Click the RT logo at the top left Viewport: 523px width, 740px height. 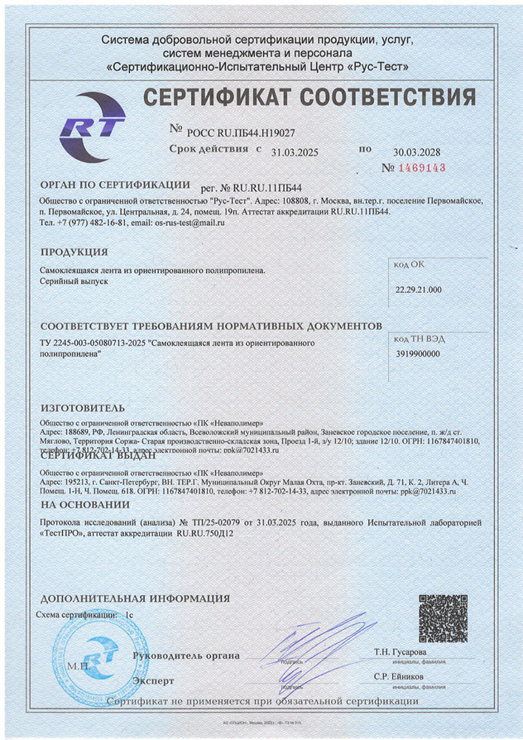point(92,127)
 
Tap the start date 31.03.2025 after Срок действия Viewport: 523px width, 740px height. point(294,152)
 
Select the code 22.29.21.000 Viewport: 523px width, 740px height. point(419,289)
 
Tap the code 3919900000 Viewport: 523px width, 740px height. point(417,354)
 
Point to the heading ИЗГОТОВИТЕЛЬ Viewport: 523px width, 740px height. point(83,408)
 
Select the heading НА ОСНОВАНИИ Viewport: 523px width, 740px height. point(85,505)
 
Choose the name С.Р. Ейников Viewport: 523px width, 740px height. point(400,677)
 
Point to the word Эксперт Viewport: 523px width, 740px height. point(153,680)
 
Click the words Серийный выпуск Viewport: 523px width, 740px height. point(73,283)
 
